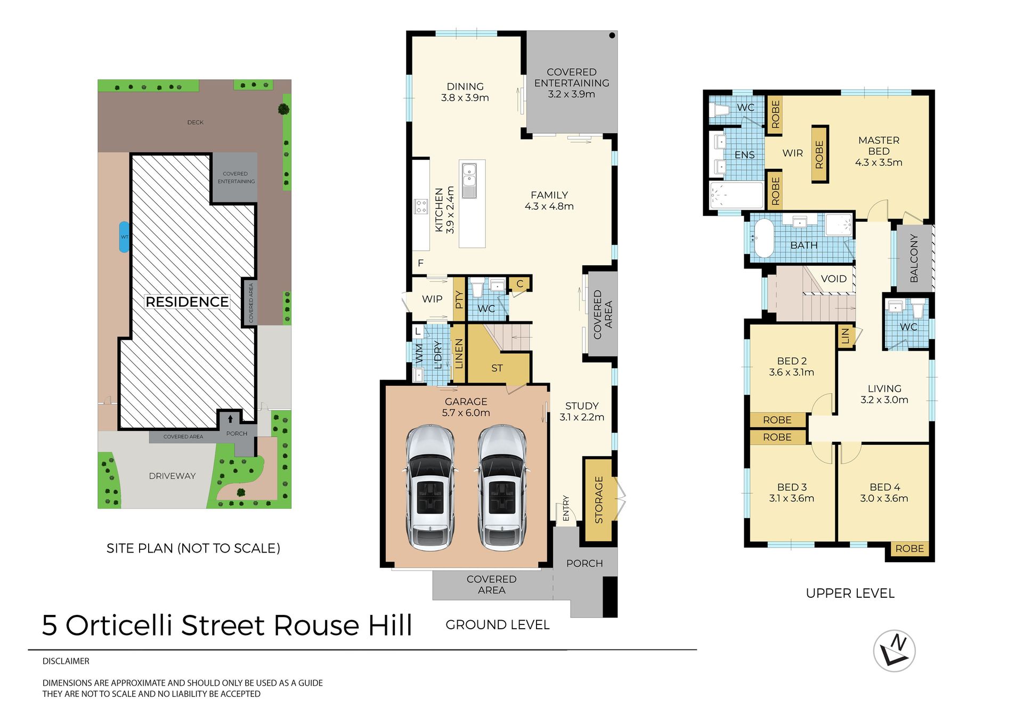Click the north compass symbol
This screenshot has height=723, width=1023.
click(895, 651)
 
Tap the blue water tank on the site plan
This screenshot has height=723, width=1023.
click(124, 237)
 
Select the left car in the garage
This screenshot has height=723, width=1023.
click(431, 487)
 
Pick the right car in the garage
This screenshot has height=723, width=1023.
click(502, 487)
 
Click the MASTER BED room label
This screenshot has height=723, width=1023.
click(879, 145)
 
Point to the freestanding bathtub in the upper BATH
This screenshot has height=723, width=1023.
click(764, 238)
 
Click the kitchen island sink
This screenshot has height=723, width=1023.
click(469, 181)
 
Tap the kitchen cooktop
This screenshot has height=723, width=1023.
click(421, 206)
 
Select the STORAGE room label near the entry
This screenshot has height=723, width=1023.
click(599, 499)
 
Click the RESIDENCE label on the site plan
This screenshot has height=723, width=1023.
click(187, 302)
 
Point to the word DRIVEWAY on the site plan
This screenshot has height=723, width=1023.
click(172, 476)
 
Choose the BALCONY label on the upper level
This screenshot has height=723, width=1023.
click(914, 258)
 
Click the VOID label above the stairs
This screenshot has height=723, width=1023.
click(834, 279)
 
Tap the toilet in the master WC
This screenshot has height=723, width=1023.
click(720, 110)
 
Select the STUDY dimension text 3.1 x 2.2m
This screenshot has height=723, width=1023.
click(582, 417)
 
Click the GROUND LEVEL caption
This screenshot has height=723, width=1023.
click(497, 624)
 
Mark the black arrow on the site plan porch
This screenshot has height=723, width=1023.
click(230, 419)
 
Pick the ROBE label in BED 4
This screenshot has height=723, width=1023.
click(910, 548)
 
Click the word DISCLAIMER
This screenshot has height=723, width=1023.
click(66, 661)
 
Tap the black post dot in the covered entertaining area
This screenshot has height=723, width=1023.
click(612, 36)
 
